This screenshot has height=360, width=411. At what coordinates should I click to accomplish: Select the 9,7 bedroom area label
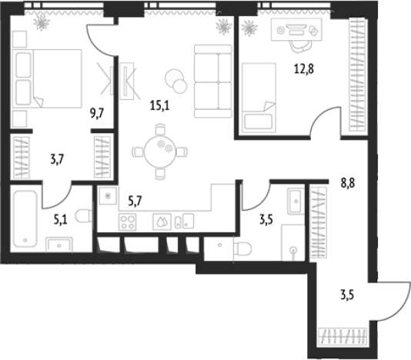[97, 113]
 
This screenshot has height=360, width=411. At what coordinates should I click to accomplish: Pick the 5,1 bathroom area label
[60, 217]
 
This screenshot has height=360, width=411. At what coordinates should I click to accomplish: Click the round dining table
[159, 152]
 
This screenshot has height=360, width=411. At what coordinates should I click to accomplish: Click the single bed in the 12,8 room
[259, 98]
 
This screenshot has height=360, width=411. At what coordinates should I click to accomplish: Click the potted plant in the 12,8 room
[249, 28]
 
